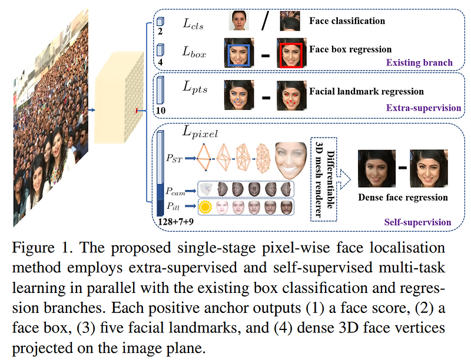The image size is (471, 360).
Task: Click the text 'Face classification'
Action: (x=347, y=21)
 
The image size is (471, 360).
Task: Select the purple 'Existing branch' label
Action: (x=419, y=62)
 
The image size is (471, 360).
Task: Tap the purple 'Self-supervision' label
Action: (x=418, y=222)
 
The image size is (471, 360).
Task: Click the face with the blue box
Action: (x=239, y=52)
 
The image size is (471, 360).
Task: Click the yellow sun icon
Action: (x=204, y=207)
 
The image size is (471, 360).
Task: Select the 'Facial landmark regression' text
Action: (x=366, y=92)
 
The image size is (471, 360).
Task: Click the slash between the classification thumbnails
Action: (x=265, y=22)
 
